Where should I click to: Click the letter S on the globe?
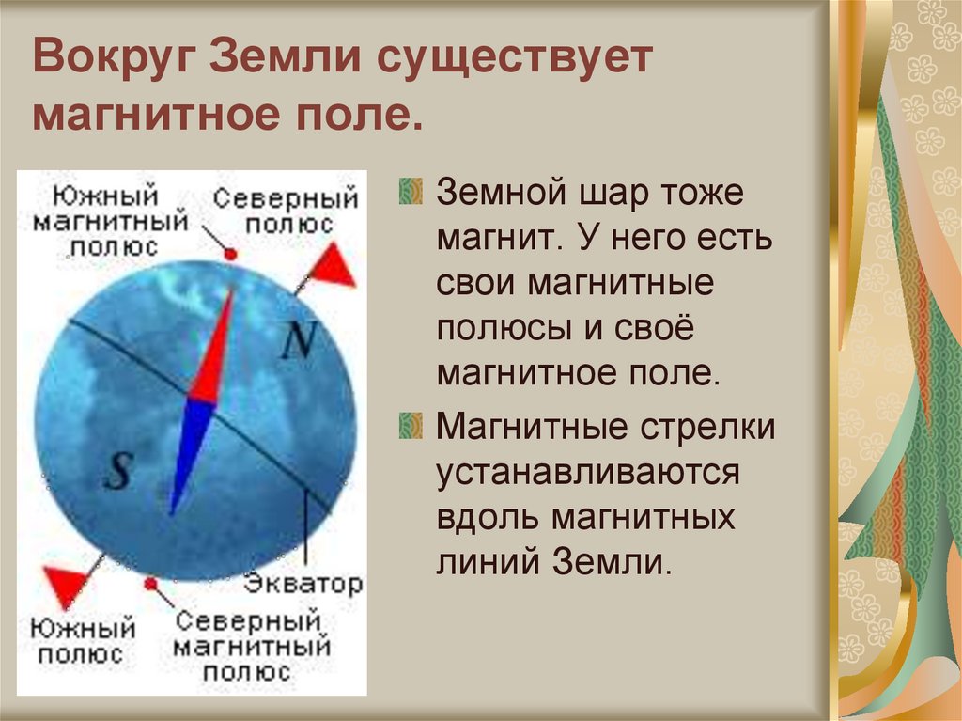click(x=117, y=470)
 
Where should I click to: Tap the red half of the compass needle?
click(x=213, y=348)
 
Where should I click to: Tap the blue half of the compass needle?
click(x=192, y=451)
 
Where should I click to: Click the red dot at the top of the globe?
click(x=231, y=254)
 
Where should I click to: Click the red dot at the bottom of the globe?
click(x=150, y=584)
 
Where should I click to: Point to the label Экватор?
click(x=303, y=584)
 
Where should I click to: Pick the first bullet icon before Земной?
click(x=410, y=192)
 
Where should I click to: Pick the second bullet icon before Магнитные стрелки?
click(x=410, y=426)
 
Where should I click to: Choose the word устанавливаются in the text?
click(x=588, y=472)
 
